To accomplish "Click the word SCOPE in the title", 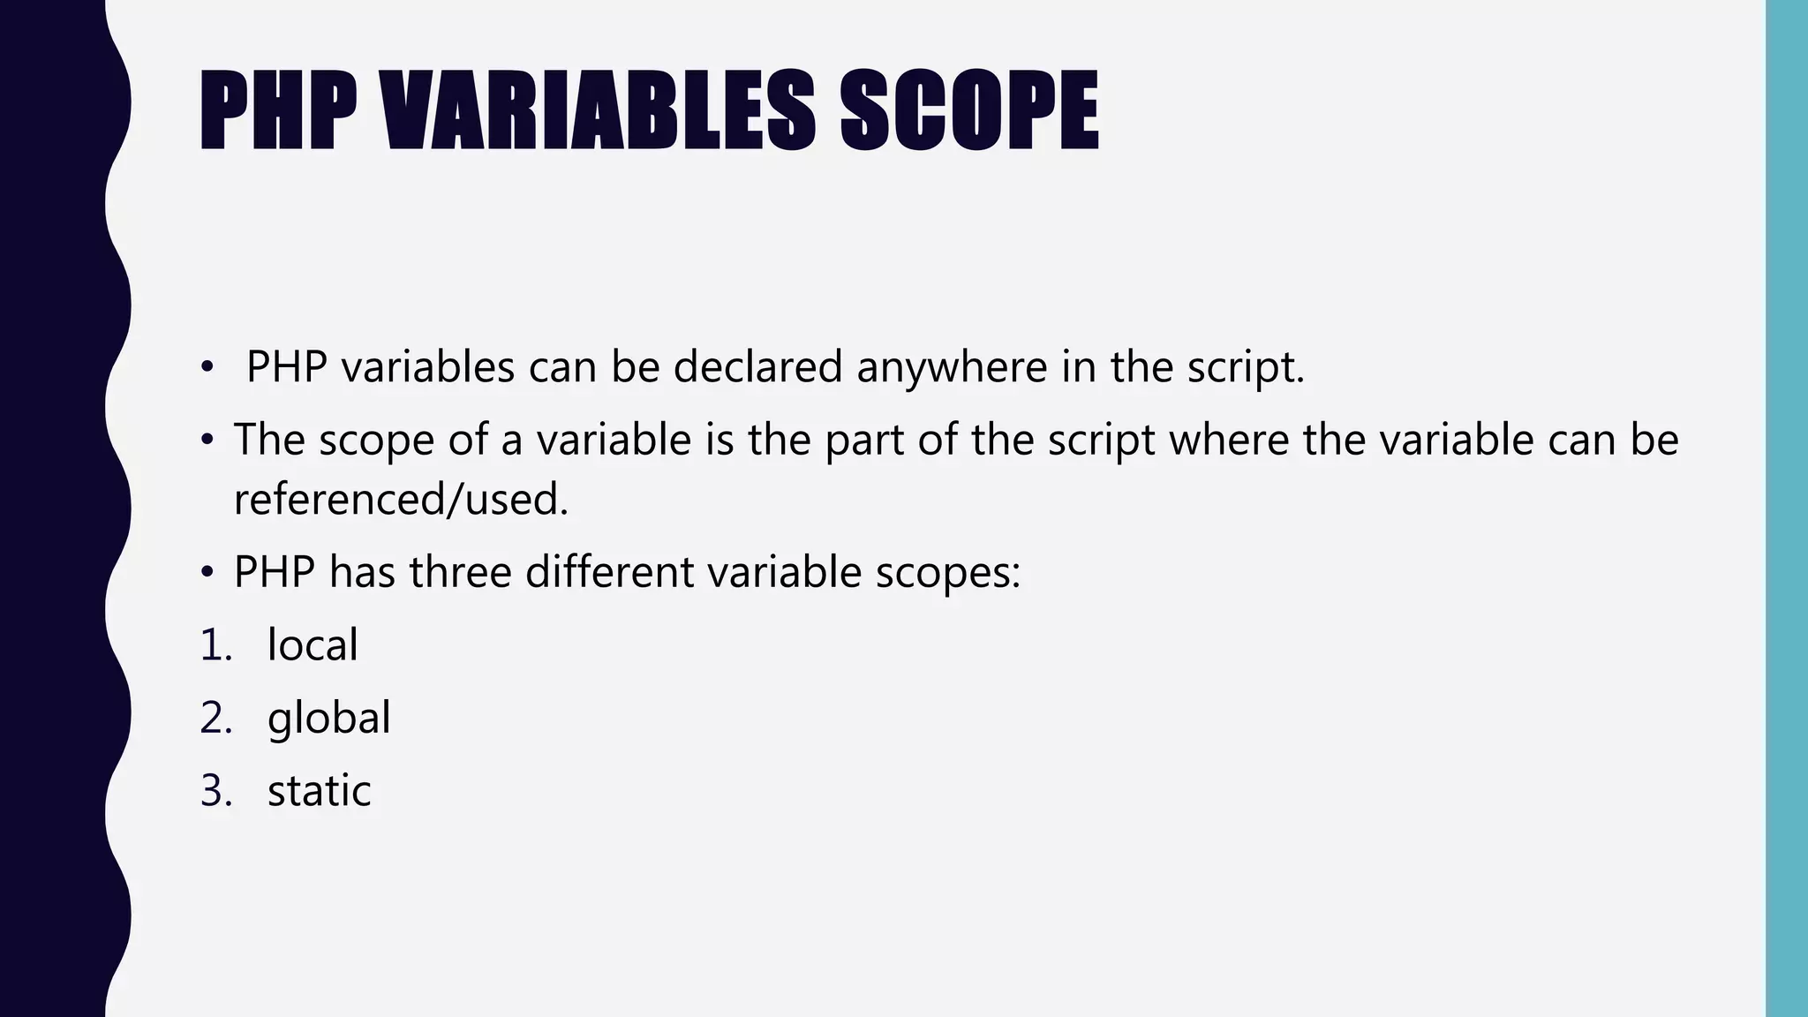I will pyautogui.click(x=968, y=112).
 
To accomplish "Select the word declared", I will pyautogui.click(x=757, y=366).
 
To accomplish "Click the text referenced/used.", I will pyautogui.click(x=401, y=500).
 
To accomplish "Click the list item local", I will pyautogui.click(x=313, y=644).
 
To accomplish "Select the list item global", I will pyautogui.click(x=328, y=719).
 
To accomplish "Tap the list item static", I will pyautogui.click(x=319, y=790).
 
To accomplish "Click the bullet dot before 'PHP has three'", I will pyautogui.click(x=207, y=572).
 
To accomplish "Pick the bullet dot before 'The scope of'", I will pyautogui.click(x=207, y=439).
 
